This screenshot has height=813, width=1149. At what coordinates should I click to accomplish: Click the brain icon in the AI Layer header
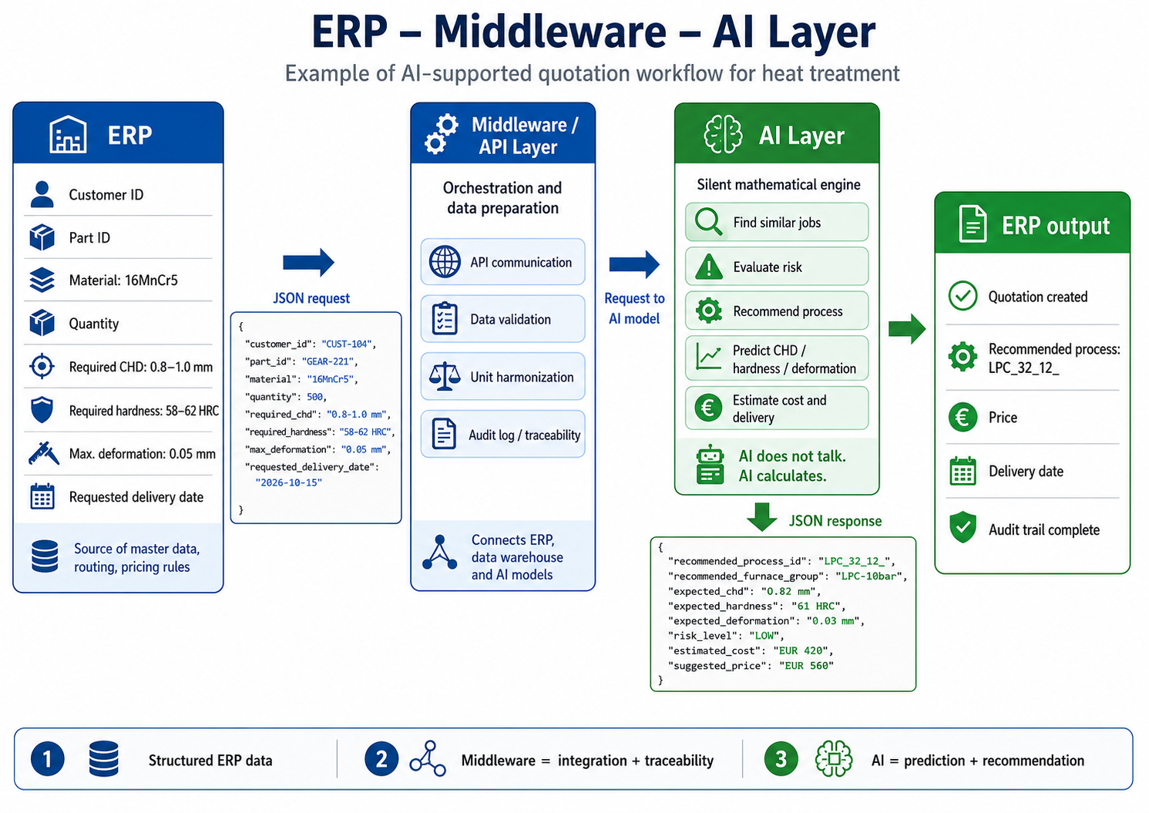tap(723, 135)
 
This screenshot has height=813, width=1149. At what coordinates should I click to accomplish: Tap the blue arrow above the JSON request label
tap(308, 263)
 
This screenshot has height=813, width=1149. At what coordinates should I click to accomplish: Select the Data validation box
tap(502, 319)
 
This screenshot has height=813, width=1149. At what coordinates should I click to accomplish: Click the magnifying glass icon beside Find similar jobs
tap(708, 222)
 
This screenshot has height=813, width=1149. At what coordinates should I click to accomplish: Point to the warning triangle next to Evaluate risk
tap(709, 267)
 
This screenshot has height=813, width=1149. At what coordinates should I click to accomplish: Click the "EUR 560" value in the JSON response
tap(806, 666)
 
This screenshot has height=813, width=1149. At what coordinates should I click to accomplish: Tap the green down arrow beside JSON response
tap(761, 517)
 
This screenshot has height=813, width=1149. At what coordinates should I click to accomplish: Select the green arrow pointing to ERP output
tap(907, 329)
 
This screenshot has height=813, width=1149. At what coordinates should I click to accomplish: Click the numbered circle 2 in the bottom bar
tap(381, 759)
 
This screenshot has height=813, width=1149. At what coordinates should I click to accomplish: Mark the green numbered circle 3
tap(781, 759)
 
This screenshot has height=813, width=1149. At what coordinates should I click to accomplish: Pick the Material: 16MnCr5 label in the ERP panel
tap(123, 281)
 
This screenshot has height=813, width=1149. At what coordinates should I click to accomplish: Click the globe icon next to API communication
tap(444, 262)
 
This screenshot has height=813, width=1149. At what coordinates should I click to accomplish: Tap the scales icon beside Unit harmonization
tap(444, 377)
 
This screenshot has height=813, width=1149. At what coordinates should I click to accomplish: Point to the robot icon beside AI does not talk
tap(710, 465)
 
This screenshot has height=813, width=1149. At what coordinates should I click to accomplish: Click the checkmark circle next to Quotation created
tap(963, 296)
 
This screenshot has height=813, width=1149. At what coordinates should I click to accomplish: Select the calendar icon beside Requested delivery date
tap(42, 496)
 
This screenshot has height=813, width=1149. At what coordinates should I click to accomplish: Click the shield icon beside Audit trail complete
tap(963, 527)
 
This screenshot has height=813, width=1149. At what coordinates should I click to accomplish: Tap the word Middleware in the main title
tap(550, 32)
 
